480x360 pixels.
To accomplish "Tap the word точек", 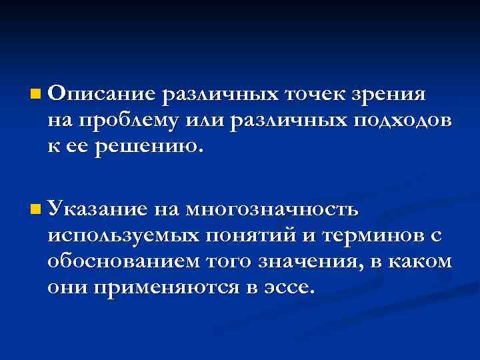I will pyautogui.click(x=316, y=94).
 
